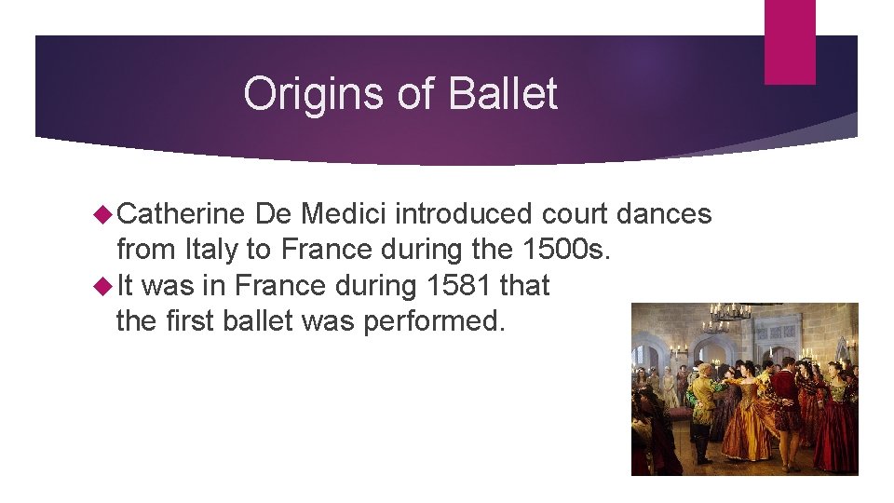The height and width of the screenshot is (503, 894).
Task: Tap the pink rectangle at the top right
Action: tap(790, 42)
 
